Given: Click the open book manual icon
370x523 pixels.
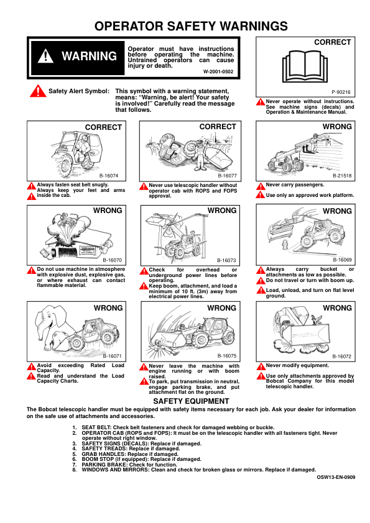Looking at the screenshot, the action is [305, 66].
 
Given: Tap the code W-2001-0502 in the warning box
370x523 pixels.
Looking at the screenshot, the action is [218, 71].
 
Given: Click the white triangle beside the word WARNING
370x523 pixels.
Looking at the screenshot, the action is [45, 56].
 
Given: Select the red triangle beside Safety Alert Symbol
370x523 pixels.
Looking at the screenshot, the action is [38, 91].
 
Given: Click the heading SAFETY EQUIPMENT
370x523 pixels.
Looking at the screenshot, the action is [191, 401].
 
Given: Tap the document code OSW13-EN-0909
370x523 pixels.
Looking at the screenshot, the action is [336, 477].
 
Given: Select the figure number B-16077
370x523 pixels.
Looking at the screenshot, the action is [228, 176].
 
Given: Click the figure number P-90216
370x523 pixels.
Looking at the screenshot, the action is [341, 92].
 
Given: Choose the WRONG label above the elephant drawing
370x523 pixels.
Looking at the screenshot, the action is [108, 308].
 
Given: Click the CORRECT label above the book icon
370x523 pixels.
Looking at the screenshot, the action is [332, 42].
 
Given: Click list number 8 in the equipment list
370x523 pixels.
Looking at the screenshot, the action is [75, 470].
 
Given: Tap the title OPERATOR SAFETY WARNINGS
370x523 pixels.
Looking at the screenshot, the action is [191, 26].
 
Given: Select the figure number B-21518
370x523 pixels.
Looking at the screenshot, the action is [342, 176].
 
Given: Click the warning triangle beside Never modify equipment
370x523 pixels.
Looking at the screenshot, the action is [261, 366].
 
